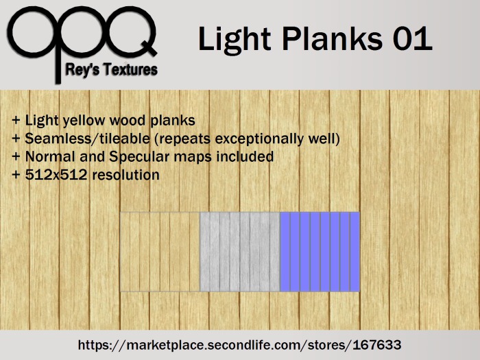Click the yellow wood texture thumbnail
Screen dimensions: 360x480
coord(159,252)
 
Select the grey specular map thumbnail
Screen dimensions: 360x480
coord(239,252)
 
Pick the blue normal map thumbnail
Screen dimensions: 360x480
coord(320,252)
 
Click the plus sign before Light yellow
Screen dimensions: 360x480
coord(15,121)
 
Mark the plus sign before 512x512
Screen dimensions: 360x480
coord(15,176)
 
